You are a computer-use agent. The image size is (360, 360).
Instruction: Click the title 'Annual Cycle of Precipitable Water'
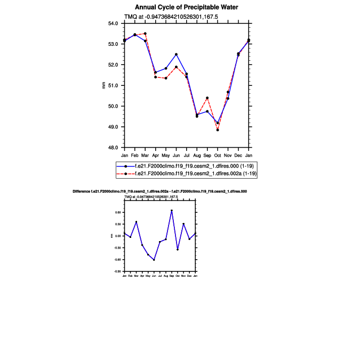(x=186, y=7)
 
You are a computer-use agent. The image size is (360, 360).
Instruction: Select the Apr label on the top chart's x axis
(x=155, y=155)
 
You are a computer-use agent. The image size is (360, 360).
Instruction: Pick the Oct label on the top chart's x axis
(x=218, y=155)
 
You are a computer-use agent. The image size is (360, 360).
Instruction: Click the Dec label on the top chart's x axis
(x=238, y=155)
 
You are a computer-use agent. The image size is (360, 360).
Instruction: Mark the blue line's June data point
(x=176, y=54)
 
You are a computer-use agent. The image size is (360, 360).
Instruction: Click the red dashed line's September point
(x=207, y=98)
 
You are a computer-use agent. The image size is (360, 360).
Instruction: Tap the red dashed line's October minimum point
(x=218, y=130)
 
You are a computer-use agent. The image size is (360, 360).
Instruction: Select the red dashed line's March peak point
(x=145, y=34)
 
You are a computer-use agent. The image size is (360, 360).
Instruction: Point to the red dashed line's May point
(x=166, y=78)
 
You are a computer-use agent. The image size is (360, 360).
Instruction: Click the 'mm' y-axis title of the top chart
(x=104, y=85)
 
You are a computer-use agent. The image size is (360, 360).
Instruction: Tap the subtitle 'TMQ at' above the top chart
(x=186, y=17)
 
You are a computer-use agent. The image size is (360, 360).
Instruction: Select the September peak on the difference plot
(x=172, y=211)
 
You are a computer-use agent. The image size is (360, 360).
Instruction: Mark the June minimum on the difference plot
(x=154, y=260)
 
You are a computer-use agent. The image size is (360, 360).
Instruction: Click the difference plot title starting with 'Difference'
(x=159, y=191)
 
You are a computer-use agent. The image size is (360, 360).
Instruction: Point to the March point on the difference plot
(x=136, y=222)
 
